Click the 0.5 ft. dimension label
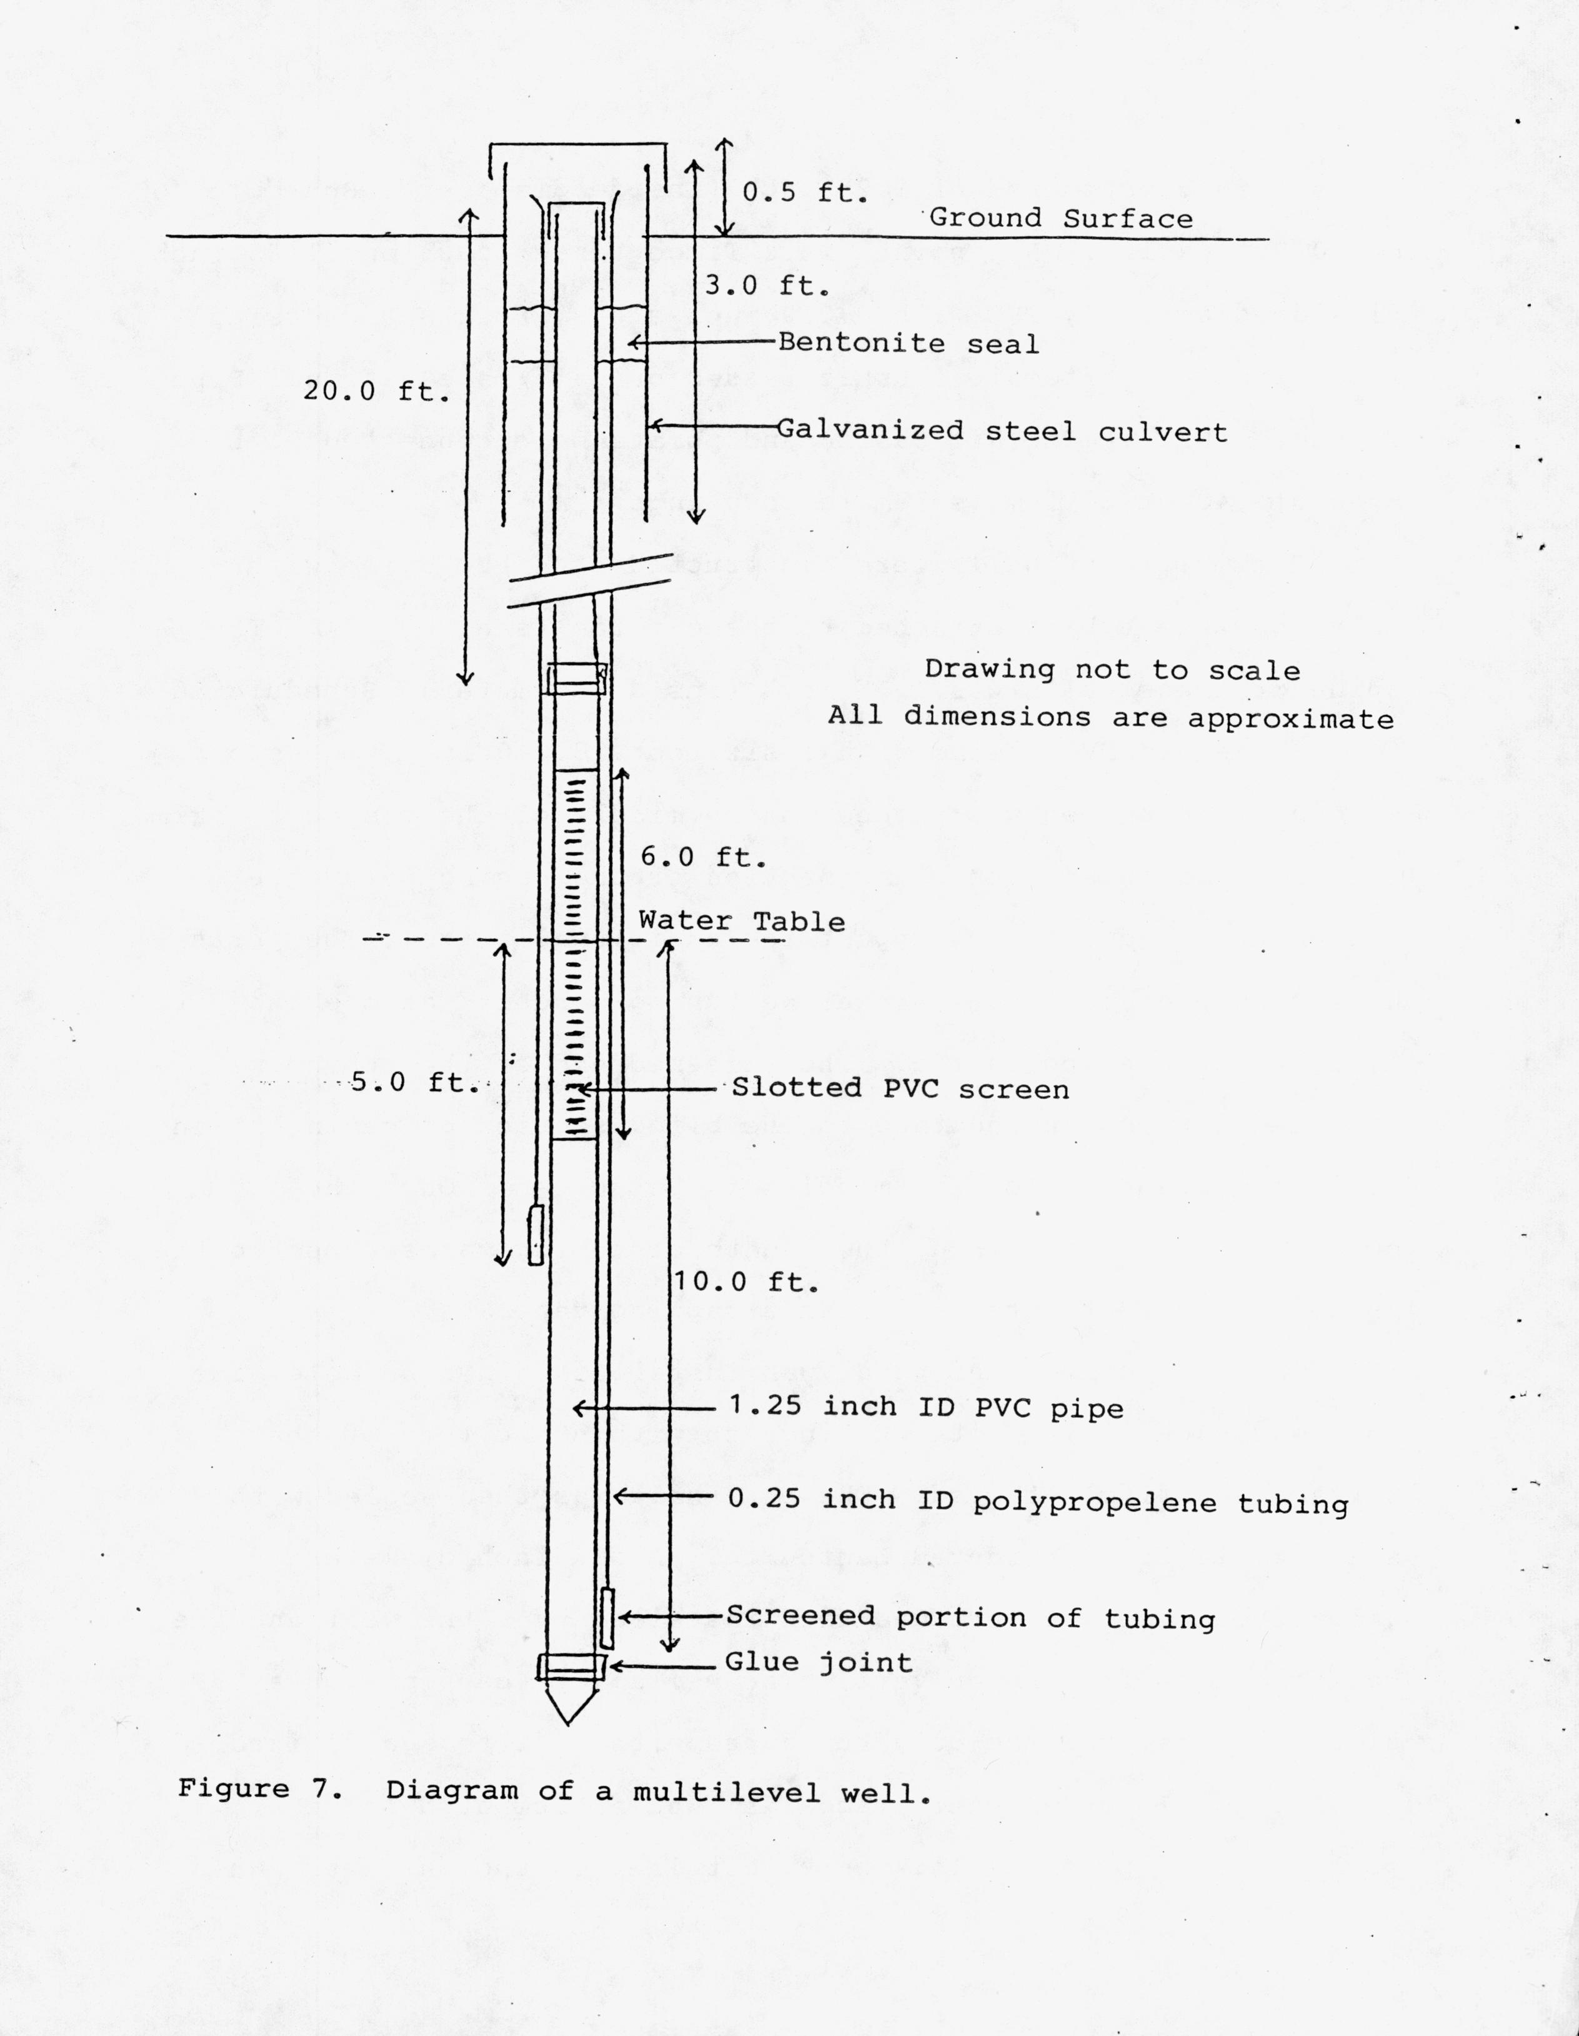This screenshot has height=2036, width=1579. [804, 193]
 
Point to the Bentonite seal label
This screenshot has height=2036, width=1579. [908, 343]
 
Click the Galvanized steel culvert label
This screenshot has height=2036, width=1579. [1001, 431]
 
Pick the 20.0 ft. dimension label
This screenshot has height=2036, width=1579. [376, 391]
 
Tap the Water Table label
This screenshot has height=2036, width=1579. [741, 922]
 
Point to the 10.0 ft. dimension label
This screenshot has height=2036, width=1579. [745, 1283]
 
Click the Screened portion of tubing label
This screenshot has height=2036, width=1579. [970, 1617]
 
